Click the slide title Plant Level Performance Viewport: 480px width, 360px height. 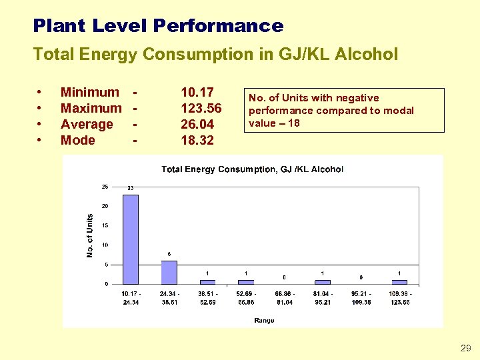pos(158,26)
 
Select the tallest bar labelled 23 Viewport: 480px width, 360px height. pos(131,238)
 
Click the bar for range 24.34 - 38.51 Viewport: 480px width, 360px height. pos(169,272)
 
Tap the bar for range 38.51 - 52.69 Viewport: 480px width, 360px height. pos(207,282)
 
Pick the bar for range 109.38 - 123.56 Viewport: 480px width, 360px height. pos(399,282)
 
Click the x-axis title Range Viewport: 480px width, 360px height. pos(264,321)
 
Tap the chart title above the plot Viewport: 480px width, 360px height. pos(252,169)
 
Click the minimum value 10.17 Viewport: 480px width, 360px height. pos(197,93)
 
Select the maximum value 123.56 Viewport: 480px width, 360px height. pos(201,109)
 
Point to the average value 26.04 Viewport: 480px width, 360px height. pos(197,125)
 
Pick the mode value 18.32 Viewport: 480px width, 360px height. pos(197,141)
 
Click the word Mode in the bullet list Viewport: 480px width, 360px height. pos(78,141)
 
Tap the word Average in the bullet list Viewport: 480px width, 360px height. pos(87,125)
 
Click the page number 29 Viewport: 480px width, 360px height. pos(465,348)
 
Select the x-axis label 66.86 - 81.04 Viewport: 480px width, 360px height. pos(284,297)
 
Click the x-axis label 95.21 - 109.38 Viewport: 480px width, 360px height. pos(361,297)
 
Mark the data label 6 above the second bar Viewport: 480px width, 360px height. pos(169,253)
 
